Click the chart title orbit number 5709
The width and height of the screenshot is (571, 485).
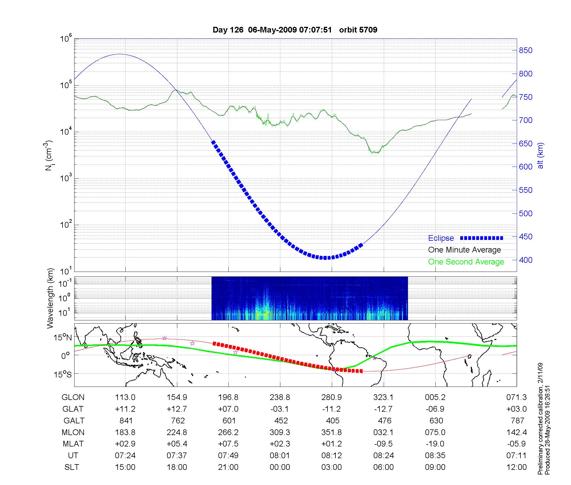coord(358,30)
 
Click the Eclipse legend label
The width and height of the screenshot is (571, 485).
coord(441,238)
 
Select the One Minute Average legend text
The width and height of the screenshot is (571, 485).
coord(465,250)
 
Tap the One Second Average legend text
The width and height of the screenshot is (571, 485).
coord(466,262)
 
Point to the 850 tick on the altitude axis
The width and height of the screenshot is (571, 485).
coord(526,50)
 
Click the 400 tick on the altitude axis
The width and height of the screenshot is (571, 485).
coord(526,260)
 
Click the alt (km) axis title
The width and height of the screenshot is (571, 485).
coord(540,155)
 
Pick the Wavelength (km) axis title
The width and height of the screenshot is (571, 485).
coord(51,298)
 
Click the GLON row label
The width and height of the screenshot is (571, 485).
coord(73,397)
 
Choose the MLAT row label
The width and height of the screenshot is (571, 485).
coord(73,444)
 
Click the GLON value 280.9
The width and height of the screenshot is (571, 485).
coord(332,397)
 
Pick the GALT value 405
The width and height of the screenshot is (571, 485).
coord(333,421)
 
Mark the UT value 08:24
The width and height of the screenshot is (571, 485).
coord(383,456)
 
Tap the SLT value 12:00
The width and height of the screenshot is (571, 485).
coord(516,467)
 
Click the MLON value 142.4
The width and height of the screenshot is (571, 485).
coord(516,433)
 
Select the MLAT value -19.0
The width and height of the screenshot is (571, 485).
coord(435,444)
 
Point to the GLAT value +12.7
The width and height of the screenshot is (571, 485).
coord(177,409)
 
